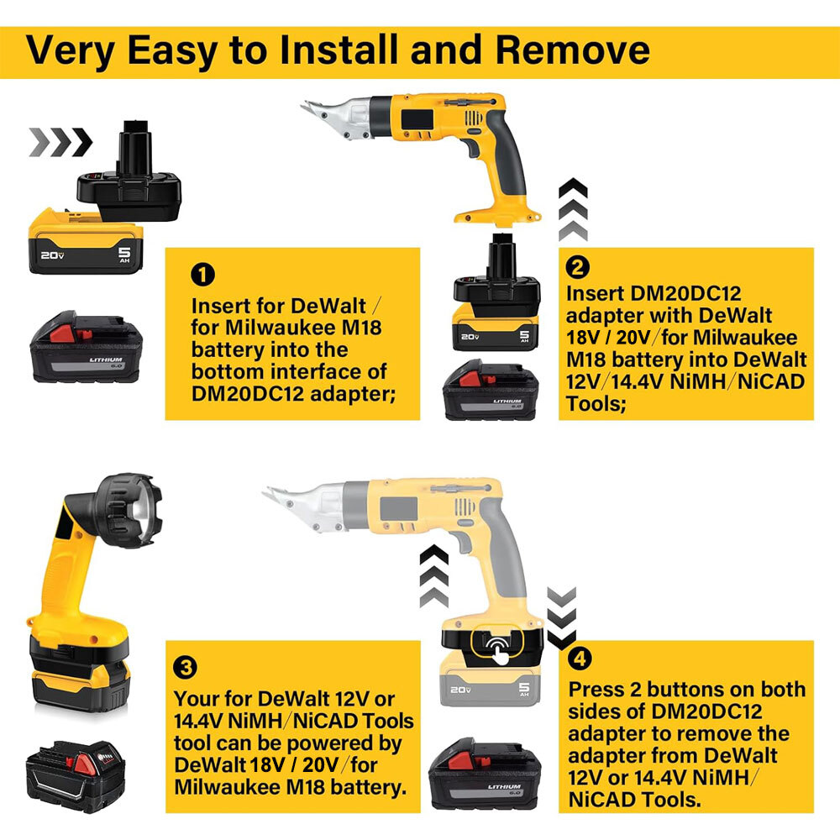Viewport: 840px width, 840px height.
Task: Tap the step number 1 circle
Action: coord(204,274)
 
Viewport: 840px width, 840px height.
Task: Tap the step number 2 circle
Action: coord(579,268)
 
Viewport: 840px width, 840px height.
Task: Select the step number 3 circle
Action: coord(186,669)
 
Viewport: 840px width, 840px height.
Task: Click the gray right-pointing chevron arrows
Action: coord(60,143)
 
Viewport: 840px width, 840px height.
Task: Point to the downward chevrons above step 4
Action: coord(561,618)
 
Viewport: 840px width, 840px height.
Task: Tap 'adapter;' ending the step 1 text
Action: coord(356,392)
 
